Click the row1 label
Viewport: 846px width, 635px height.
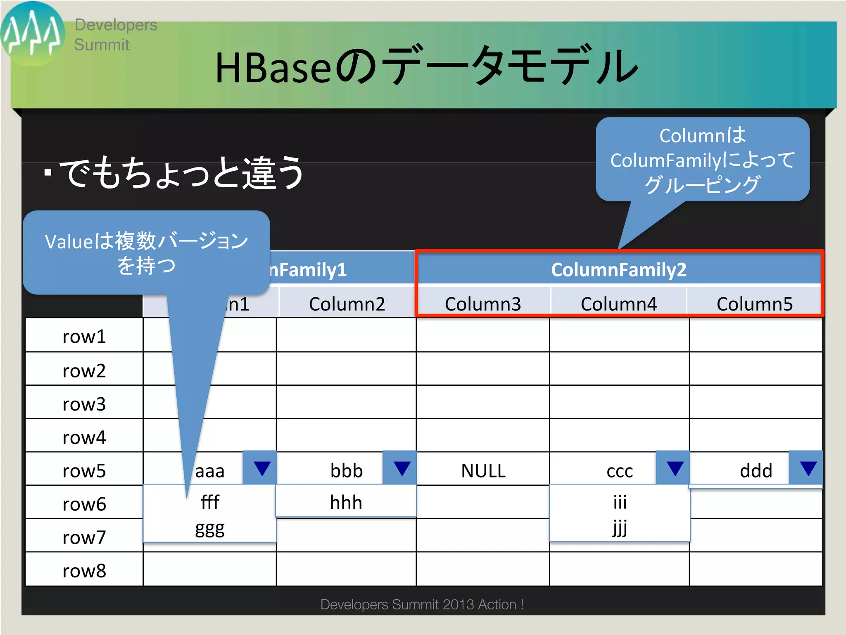point(84,337)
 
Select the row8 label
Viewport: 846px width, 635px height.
point(84,571)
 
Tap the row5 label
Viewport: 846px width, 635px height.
point(84,471)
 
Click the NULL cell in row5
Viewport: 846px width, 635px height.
point(483,471)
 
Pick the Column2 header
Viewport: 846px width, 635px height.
point(347,304)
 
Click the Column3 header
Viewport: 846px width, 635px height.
point(483,304)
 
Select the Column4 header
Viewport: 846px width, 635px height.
point(618,304)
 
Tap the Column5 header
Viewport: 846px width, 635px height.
point(754,304)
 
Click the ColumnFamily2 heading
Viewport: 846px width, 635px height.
point(618,270)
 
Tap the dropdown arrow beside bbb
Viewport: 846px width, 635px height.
point(402,468)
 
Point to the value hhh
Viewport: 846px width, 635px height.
point(346,503)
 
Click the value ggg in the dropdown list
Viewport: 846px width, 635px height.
point(210,529)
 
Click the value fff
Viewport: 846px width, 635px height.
point(210,503)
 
